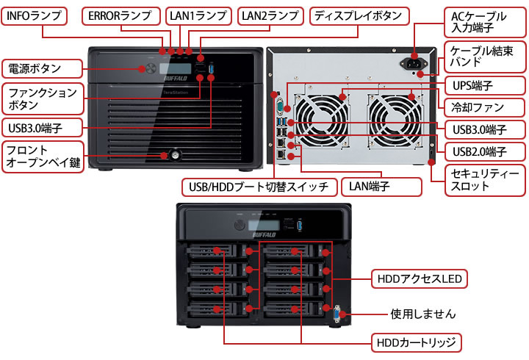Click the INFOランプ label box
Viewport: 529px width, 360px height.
point(35,15)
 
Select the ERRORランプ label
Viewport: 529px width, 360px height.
point(120,15)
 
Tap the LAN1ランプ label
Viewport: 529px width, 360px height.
point(200,15)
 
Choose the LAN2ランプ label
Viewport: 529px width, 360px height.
point(270,15)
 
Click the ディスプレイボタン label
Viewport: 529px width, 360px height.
point(357,15)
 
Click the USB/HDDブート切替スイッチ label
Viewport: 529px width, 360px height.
point(259,186)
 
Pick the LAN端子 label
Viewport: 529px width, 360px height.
point(381,186)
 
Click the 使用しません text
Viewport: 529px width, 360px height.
point(423,314)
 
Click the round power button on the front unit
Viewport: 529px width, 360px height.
point(151,69)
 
